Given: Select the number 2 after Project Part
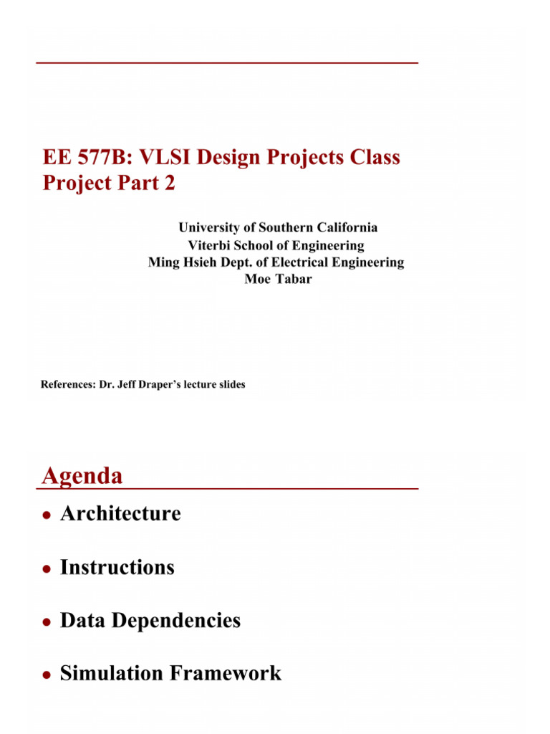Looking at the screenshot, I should [168, 183].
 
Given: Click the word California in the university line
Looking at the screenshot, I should [342, 228].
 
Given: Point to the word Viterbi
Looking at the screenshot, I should [210, 245].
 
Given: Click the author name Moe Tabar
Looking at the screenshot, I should [278, 280].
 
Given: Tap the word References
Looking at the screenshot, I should [67, 385].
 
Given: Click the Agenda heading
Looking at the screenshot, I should [82, 476].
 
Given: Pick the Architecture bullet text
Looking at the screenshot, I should [120, 514].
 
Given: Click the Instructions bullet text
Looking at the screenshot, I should [117, 568].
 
